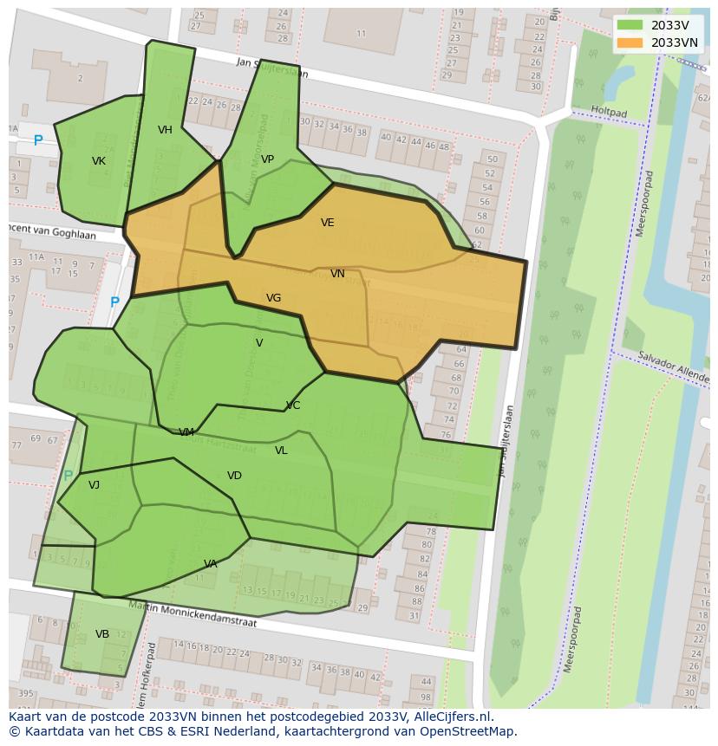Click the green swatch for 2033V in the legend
click(x=630, y=25)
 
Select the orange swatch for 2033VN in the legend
click(x=630, y=42)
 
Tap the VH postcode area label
click(x=165, y=131)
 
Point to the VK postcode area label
click(x=99, y=161)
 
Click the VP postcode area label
click(x=267, y=159)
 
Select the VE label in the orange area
click(x=327, y=223)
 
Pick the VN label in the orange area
click(x=337, y=274)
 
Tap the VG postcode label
click(x=273, y=298)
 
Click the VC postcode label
click(x=293, y=405)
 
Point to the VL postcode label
click(x=281, y=451)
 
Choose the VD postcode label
click(x=234, y=476)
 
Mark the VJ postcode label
click(x=94, y=485)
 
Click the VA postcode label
click(x=211, y=564)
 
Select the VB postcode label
click(x=102, y=634)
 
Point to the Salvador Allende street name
click(x=673, y=367)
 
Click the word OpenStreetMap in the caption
click(x=471, y=731)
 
